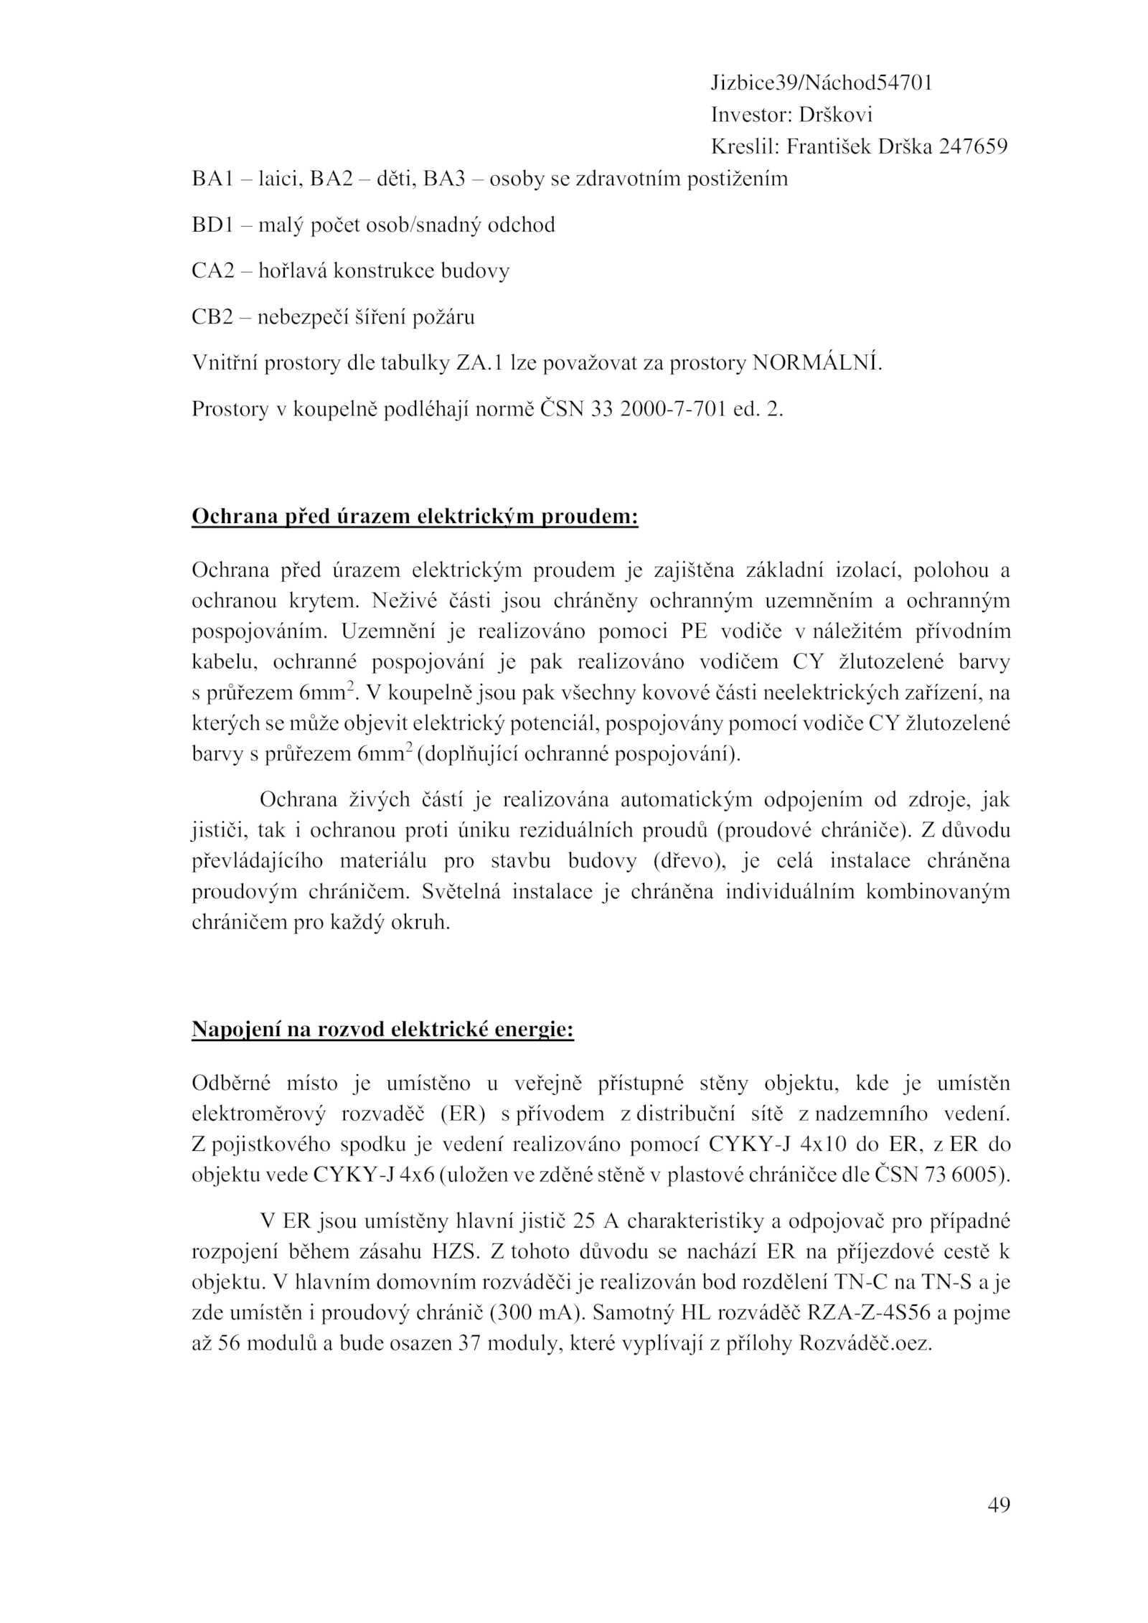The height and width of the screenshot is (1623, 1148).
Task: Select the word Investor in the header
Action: (747, 115)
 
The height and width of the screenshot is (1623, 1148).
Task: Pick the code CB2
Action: (212, 317)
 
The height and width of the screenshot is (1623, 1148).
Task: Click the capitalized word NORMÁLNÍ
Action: (816, 363)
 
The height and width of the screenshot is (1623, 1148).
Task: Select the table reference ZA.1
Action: (480, 363)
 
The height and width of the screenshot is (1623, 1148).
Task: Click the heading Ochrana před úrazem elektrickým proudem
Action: (415, 517)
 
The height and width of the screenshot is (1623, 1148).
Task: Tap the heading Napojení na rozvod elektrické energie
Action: (382, 1030)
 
